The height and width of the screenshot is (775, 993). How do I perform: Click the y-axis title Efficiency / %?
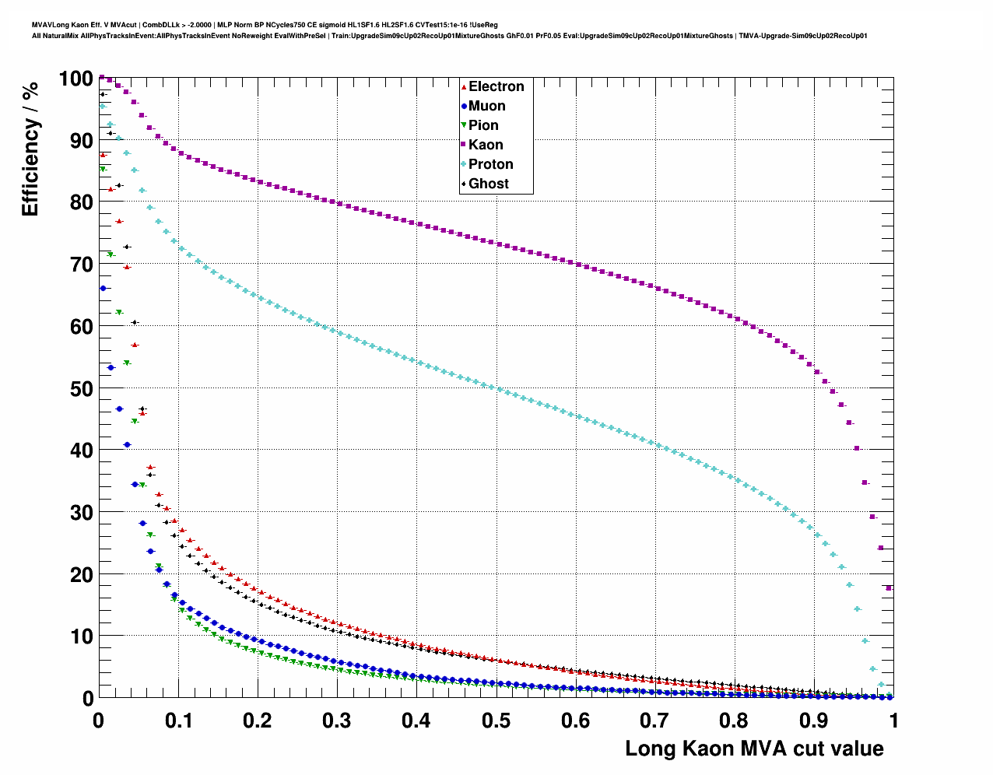click(30, 149)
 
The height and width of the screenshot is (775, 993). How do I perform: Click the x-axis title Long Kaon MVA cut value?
click(754, 749)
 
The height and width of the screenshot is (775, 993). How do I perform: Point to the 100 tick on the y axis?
click(75, 79)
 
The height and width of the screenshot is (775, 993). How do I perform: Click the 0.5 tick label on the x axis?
click(496, 721)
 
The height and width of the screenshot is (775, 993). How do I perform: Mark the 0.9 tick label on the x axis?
click(814, 721)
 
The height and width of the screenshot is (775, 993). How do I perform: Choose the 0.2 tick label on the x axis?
click(257, 721)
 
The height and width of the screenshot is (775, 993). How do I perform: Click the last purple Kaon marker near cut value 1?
click(889, 588)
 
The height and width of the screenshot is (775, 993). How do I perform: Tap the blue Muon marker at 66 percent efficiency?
click(103, 289)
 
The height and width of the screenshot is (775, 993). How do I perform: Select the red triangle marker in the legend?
click(464, 87)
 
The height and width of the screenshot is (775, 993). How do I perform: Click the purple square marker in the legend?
click(464, 145)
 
